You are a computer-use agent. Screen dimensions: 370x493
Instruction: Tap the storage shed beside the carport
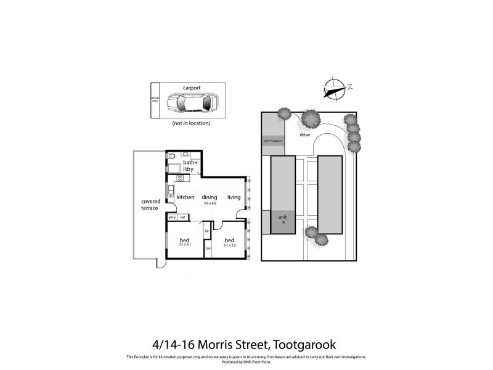[155, 100]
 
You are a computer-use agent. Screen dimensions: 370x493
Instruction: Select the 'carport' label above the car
[192, 88]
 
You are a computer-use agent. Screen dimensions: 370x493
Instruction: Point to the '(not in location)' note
[191, 123]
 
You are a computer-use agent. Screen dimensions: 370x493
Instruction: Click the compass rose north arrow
[335, 89]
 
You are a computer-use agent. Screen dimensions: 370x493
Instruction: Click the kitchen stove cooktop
[181, 178]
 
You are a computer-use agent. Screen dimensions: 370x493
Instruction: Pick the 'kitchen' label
[185, 197]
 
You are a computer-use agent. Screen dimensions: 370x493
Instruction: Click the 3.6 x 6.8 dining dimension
[210, 203]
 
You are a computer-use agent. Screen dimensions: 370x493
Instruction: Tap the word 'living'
[234, 197]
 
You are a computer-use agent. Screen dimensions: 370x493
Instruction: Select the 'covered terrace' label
[150, 205]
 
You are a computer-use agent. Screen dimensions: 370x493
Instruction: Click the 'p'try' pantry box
[173, 217]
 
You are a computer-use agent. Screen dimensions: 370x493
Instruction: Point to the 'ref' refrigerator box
[183, 217]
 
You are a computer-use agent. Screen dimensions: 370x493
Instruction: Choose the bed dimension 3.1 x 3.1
[184, 245]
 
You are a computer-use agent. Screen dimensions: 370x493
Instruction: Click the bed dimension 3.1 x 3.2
[229, 245]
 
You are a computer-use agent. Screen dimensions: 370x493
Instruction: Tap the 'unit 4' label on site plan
[283, 220]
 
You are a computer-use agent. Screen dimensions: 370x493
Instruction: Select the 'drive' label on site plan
[304, 134]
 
